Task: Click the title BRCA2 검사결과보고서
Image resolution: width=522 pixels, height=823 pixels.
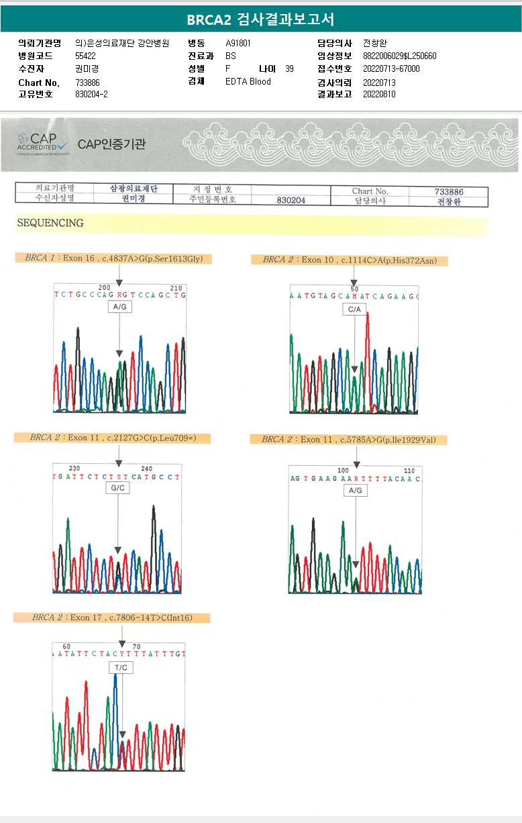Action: point(260,19)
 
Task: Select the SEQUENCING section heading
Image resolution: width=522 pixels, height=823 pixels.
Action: point(50,223)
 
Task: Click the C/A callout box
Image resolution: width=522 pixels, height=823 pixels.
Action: point(354,309)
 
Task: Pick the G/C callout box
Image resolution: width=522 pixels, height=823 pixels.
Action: point(118,488)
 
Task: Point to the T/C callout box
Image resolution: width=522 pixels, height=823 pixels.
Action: point(121,668)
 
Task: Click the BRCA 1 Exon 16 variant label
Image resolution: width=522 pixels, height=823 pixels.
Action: point(113,258)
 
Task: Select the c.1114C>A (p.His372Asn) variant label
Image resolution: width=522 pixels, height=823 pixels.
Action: point(349,260)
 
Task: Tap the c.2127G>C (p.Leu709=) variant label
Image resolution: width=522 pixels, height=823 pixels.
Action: point(113,438)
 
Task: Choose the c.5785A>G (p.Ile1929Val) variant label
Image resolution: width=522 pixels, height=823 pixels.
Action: point(348,439)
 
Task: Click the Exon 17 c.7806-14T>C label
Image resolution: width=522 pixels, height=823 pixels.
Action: point(111,618)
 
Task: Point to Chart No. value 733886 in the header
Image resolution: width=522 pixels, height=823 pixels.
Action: point(88,83)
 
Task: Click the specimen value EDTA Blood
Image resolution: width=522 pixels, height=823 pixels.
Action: point(248,81)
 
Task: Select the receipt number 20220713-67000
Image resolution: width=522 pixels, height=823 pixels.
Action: point(391,68)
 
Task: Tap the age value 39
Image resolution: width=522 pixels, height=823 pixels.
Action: point(289,68)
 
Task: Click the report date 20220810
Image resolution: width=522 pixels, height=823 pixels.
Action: point(379,94)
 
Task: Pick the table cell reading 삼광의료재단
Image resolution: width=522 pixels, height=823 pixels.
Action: point(134,189)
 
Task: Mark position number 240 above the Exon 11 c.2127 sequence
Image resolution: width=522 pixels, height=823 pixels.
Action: point(147,469)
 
